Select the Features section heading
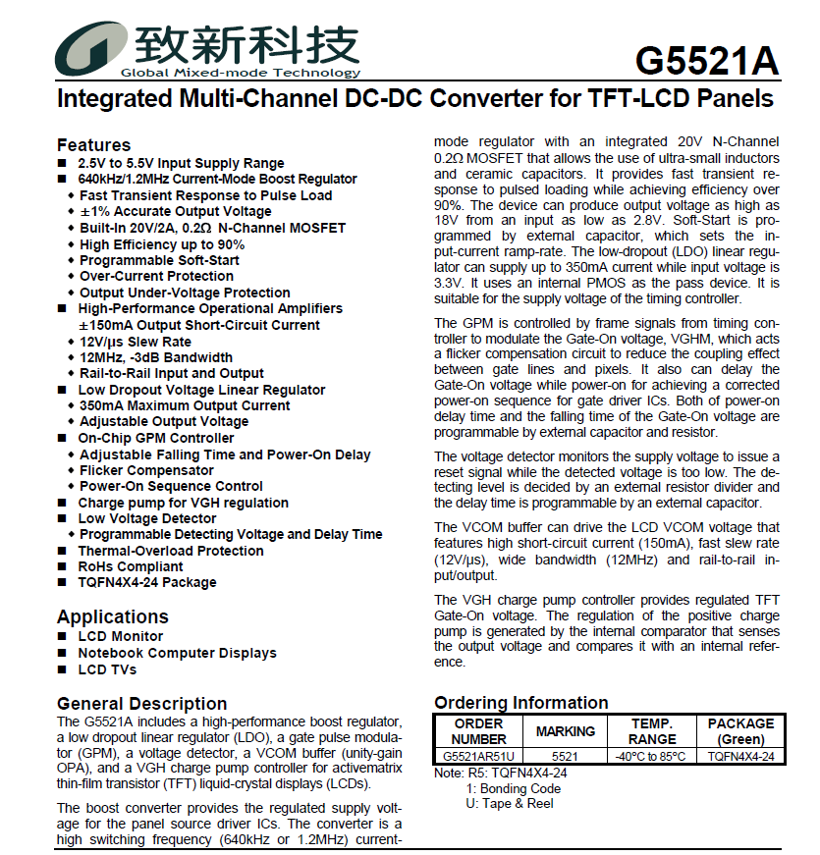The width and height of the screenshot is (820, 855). [x=93, y=145]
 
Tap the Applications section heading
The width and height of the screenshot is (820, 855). [x=112, y=616]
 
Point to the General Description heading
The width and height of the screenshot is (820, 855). [x=141, y=704]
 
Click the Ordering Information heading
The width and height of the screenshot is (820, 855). [x=520, y=703]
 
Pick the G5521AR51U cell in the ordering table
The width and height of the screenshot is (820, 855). [x=478, y=757]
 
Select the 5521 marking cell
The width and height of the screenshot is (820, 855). [x=565, y=757]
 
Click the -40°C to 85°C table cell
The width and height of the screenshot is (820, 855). [x=652, y=757]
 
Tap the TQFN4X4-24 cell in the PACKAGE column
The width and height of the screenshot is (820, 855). [x=740, y=757]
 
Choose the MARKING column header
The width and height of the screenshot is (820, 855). [x=565, y=731]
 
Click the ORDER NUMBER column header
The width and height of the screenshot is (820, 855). [x=478, y=731]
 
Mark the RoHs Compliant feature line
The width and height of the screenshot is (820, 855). [x=130, y=566]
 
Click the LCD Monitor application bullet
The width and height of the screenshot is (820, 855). [x=120, y=636]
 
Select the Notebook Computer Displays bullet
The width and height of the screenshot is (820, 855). [x=177, y=653]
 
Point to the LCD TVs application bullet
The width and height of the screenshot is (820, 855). [x=107, y=669]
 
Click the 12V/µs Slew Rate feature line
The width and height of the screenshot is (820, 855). [x=135, y=342]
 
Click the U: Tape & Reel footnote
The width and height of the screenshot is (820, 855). [x=509, y=803]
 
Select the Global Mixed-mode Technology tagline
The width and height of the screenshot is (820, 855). [x=240, y=73]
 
